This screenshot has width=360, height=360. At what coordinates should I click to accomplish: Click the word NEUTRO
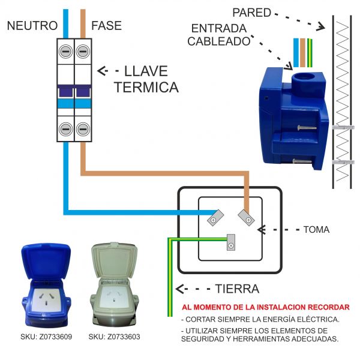point(32,26)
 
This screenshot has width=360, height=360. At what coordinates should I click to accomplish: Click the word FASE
point(106,26)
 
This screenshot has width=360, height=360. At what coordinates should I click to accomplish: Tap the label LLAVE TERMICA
point(146,79)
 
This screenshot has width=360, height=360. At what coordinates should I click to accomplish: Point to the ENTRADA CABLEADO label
point(218,35)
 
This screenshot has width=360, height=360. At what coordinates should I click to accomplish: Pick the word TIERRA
point(237,289)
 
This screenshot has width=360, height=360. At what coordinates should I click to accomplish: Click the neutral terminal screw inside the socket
point(213,220)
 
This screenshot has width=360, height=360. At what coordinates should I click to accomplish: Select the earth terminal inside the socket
point(229,245)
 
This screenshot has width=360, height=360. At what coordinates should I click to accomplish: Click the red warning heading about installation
point(265,307)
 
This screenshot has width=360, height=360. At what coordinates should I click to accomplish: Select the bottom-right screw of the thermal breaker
point(82,128)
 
